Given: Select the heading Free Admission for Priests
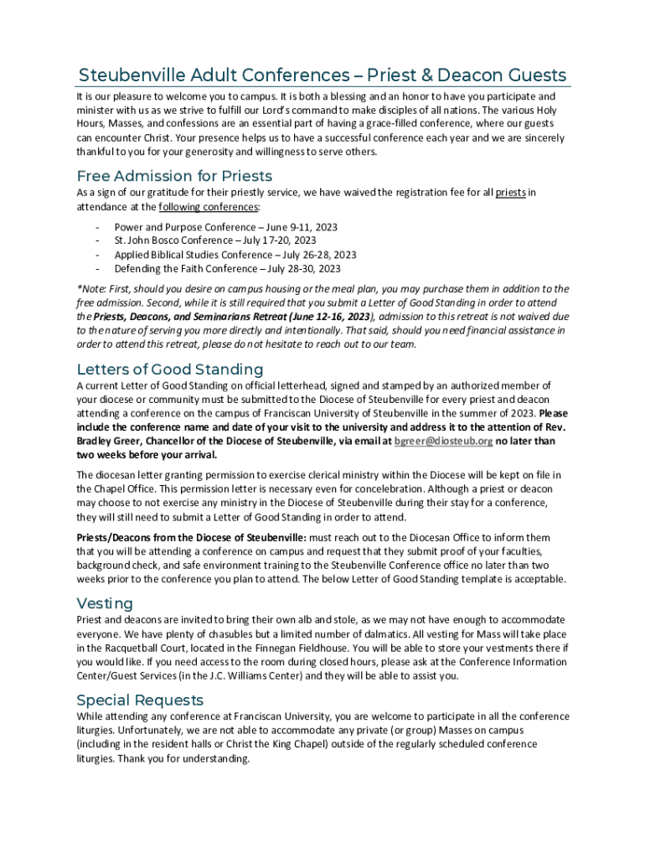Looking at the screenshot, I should point(174,176).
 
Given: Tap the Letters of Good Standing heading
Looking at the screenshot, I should point(170,370).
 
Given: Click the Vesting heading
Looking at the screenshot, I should point(105,603).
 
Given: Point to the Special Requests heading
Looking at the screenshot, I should point(140,700).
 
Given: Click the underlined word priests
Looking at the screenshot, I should point(510,193).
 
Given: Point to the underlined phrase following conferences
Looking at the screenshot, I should point(209,207).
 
